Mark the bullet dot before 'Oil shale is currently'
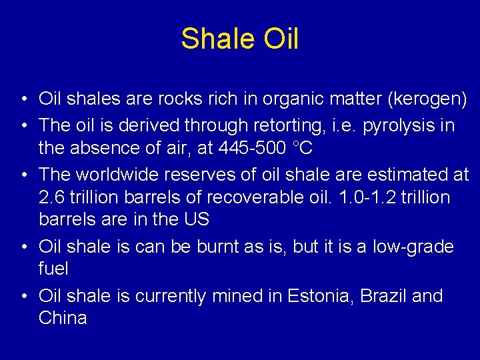pyautogui.click(x=23, y=296)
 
